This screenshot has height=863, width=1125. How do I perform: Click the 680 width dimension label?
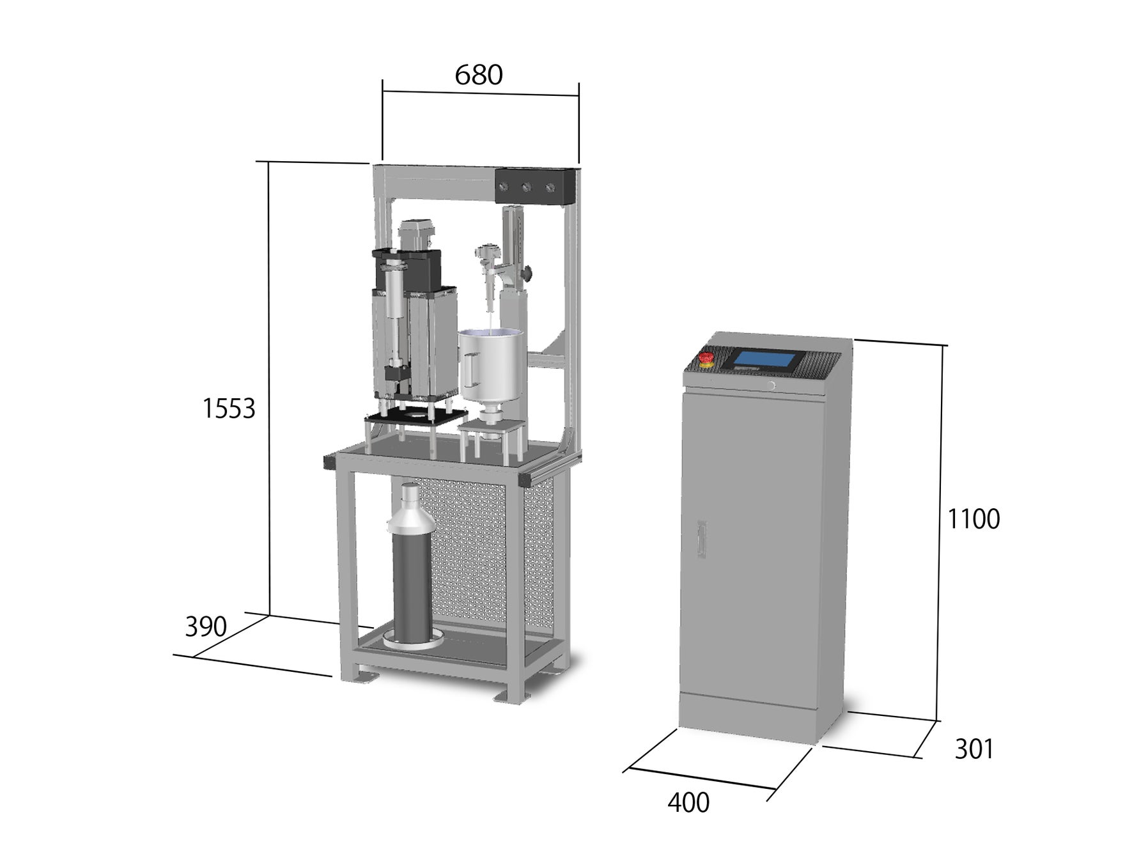(479, 75)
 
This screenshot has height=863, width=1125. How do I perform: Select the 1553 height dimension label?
(229, 408)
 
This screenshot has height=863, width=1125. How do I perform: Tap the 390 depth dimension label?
(206, 627)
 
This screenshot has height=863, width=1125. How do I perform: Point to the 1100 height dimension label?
(973, 519)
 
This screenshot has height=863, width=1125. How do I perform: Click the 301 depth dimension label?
(974, 749)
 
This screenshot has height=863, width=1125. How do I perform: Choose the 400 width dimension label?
(688, 803)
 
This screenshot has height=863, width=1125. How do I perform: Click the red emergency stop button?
(708, 359)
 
